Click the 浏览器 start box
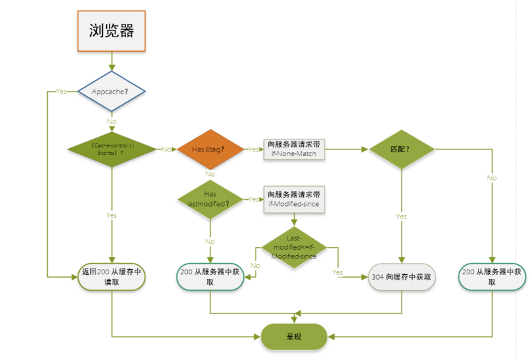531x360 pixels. pyautogui.click(x=112, y=31)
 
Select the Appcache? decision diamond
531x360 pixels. pyautogui.click(x=112, y=91)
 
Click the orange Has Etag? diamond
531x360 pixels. pyautogui.click(x=210, y=149)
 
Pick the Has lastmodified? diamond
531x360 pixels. pyautogui.click(x=210, y=199)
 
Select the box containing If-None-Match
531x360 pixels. pyautogui.click(x=294, y=149)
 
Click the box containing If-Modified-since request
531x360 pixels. pyautogui.click(x=294, y=199)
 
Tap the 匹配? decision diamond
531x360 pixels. pyautogui.click(x=401, y=149)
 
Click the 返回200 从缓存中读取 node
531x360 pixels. pyautogui.click(x=112, y=276)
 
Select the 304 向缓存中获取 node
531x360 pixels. pyautogui.click(x=401, y=277)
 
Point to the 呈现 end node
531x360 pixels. pyautogui.click(x=294, y=337)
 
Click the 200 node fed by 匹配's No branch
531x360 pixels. pyautogui.click(x=492, y=276)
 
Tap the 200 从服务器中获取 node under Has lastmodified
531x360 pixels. pyautogui.click(x=210, y=276)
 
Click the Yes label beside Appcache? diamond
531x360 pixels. pyautogui.click(x=61, y=91)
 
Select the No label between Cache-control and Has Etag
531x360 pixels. pyautogui.click(x=166, y=149)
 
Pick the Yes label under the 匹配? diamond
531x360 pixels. pyautogui.click(x=401, y=217)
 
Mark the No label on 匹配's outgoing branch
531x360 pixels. pyautogui.click(x=492, y=178)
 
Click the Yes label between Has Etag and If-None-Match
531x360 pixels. pyautogui.click(x=253, y=149)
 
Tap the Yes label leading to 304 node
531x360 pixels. pyautogui.click(x=337, y=272)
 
